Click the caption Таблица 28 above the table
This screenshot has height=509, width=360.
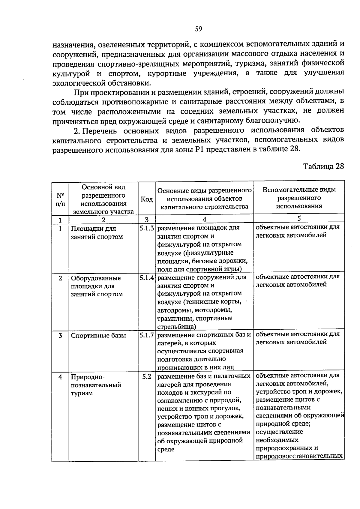click(323, 166)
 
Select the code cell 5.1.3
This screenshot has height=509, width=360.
click(147, 228)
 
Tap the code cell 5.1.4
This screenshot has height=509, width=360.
click(147, 278)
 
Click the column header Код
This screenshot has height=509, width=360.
click(147, 199)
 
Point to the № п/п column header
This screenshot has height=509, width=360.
click(60, 199)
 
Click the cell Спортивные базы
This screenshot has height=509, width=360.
click(98, 335)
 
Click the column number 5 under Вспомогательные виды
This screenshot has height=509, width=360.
click(299, 218)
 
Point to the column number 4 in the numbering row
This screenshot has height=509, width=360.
click(204, 219)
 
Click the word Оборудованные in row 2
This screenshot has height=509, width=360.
click(96, 278)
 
